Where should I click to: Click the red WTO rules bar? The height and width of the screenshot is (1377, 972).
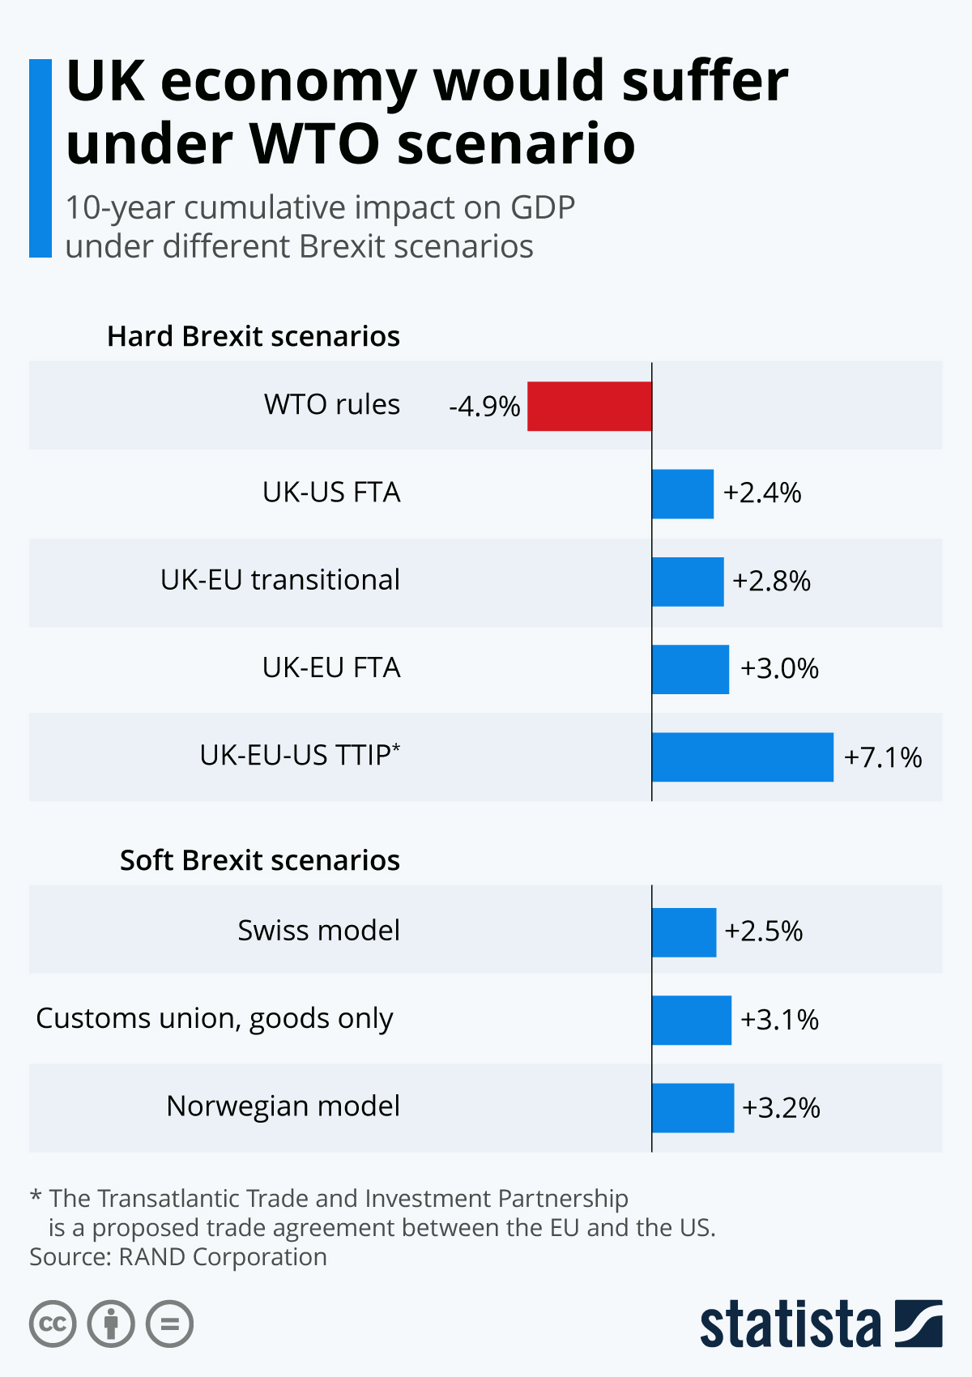point(589,406)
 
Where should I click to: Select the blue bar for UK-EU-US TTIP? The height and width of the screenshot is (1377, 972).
point(742,757)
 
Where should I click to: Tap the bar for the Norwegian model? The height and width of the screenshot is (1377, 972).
point(693,1107)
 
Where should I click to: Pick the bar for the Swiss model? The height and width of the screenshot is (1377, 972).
point(684,932)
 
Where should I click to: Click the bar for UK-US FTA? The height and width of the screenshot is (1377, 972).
point(682,493)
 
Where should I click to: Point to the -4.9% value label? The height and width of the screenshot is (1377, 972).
point(484,406)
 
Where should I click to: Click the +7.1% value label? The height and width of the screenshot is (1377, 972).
point(883,757)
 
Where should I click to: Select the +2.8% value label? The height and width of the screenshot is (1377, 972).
point(771,581)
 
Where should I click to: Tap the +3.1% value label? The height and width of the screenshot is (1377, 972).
point(779,1019)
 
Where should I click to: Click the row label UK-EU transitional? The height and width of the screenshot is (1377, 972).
point(280,580)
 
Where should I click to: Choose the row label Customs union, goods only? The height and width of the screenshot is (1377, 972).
point(215,1018)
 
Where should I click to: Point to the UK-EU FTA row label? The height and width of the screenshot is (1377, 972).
point(331,667)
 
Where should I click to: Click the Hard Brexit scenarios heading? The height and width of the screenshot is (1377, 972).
point(254,336)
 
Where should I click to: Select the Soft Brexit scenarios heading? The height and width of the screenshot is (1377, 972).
point(260,860)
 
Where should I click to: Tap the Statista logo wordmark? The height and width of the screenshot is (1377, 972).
point(790,1325)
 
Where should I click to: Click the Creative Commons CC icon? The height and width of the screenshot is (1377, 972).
point(53,1324)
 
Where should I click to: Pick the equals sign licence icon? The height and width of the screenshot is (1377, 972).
point(169,1324)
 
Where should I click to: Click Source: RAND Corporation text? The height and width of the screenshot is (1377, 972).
point(178,1256)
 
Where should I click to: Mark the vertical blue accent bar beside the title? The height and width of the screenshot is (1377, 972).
point(40,158)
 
